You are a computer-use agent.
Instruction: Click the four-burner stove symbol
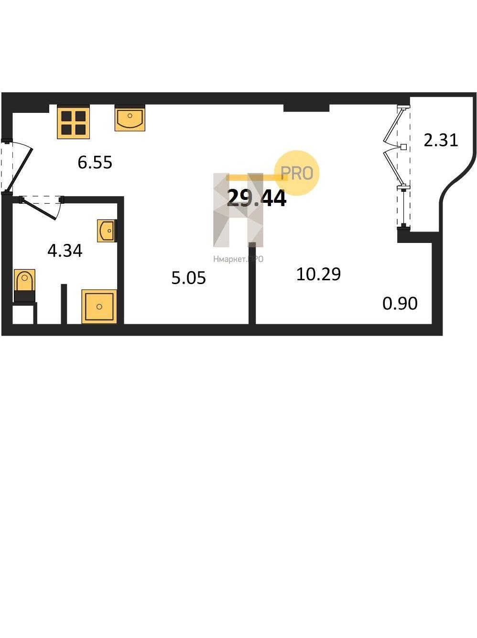73,122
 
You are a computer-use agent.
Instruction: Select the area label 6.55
95,163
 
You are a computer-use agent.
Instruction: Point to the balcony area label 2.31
441,140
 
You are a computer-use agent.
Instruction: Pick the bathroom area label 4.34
65,251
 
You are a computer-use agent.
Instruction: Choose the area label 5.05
188,278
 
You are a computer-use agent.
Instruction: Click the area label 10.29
318,275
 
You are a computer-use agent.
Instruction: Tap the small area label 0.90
400,303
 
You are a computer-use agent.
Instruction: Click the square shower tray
99,306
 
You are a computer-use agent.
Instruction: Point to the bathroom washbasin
107,231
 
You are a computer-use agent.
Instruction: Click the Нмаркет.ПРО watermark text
238,259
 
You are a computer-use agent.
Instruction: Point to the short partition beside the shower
64,304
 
